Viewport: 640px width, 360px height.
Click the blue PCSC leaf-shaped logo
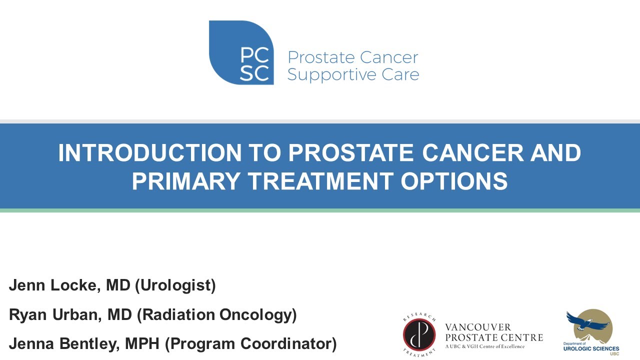[241, 52]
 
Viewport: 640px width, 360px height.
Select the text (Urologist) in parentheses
[175, 285]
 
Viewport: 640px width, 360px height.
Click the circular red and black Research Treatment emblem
[419, 334]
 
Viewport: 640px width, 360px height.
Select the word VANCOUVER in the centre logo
[478, 327]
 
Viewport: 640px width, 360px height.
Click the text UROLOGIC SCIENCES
[591, 348]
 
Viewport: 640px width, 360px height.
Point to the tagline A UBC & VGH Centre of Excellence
[485, 346]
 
